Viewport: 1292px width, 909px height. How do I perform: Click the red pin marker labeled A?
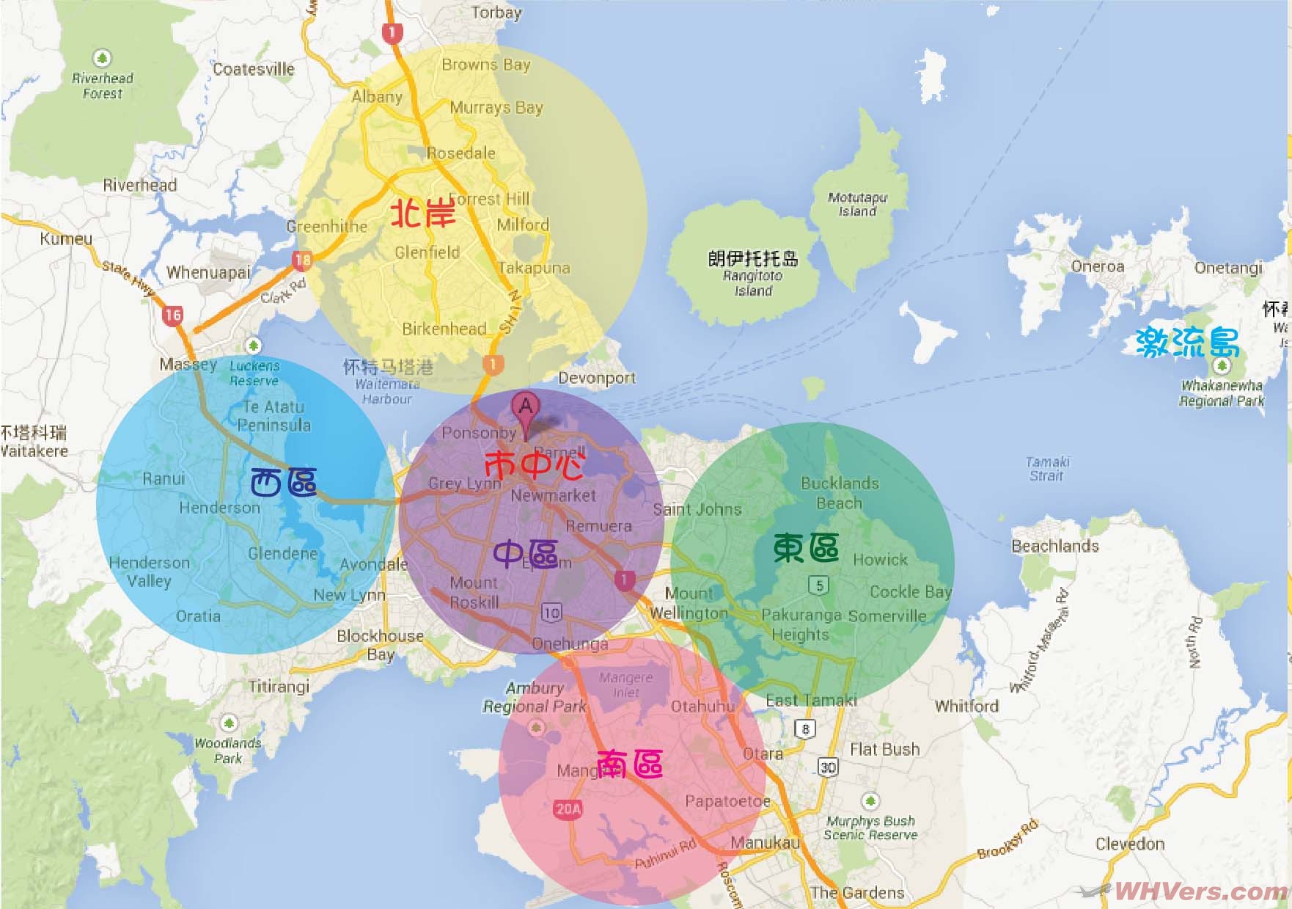[x=526, y=408]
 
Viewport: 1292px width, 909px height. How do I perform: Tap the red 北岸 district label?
[x=423, y=213]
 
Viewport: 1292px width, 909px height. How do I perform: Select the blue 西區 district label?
[x=284, y=482]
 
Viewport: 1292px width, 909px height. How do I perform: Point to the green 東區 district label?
[x=806, y=547]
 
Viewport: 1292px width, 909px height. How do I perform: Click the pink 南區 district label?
[x=630, y=764]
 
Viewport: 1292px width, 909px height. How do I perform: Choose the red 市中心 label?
[x=535, y=464]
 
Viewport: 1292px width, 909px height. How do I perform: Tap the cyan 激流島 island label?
[x=1187, y=342]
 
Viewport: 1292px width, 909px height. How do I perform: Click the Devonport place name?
[x=597, y=379]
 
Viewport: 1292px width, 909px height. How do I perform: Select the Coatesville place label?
[x=253, y=69]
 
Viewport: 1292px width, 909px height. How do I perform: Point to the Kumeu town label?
[x=66, y=238]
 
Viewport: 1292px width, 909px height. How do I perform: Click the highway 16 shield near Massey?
[x=172, y=315]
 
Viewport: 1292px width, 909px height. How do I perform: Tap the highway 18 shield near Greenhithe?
[x=302, y=259]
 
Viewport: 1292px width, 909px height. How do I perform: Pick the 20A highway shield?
[x=568, y=809]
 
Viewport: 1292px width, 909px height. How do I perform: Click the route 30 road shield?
[x=828, y=767]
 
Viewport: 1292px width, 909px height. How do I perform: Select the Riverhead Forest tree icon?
[x=102, y=57]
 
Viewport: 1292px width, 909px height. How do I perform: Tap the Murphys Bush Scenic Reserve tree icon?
[x=870, y=800]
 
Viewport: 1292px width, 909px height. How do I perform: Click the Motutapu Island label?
[x=857, y=205]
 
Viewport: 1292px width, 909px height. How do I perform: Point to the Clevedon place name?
[x=1130, y=844]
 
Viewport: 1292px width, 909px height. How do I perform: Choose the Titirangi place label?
[x=279, y=687]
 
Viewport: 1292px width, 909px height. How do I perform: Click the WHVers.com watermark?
[x=1200, y=891]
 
